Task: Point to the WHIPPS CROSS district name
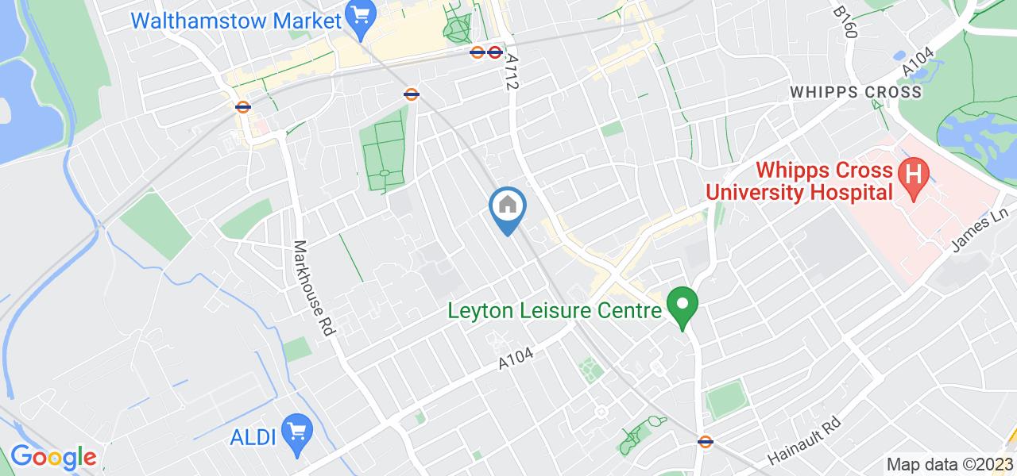coord(856,92)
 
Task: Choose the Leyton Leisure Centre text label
coord(555,310)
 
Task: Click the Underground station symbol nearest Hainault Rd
coord(704,442)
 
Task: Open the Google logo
coord(53,457)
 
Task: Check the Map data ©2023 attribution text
coord(949,465)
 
